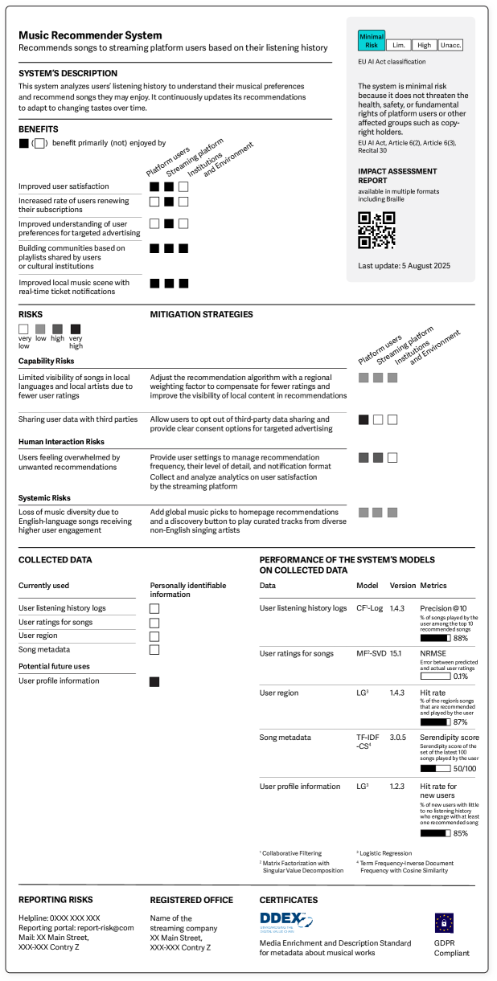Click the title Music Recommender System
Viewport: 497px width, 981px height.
(90, 35)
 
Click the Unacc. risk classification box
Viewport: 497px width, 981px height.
(451, 46)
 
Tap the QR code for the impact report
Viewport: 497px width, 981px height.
(376, 230)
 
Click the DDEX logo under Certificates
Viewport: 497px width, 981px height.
(285, 920)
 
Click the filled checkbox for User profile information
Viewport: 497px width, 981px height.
(154, 681)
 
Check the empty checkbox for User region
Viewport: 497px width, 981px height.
(154, 636)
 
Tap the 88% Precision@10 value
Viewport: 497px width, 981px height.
(460, 639)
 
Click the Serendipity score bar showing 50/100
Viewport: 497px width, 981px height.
(435, 769)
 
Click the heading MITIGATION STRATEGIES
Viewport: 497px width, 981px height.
(201, 314)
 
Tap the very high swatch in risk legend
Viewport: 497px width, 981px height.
(76, 329)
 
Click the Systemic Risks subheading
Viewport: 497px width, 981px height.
(44, 498)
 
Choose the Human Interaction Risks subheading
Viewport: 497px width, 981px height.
(61, 442)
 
